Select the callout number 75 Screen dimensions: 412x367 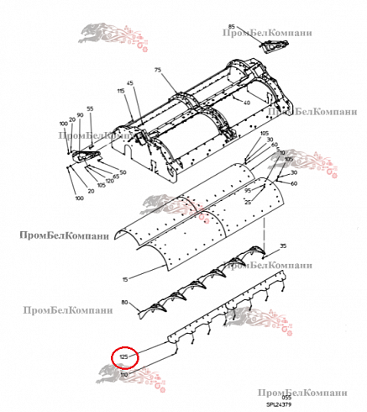157,71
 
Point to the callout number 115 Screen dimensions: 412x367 121,91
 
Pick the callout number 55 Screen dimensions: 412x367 90,109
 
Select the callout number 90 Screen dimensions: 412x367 80,115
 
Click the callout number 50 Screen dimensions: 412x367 123,172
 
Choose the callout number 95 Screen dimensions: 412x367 248,191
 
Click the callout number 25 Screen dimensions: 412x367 248,203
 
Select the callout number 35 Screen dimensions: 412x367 283,246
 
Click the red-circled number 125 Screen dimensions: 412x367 123,357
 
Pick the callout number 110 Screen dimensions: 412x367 124,373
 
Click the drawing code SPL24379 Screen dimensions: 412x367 280,403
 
